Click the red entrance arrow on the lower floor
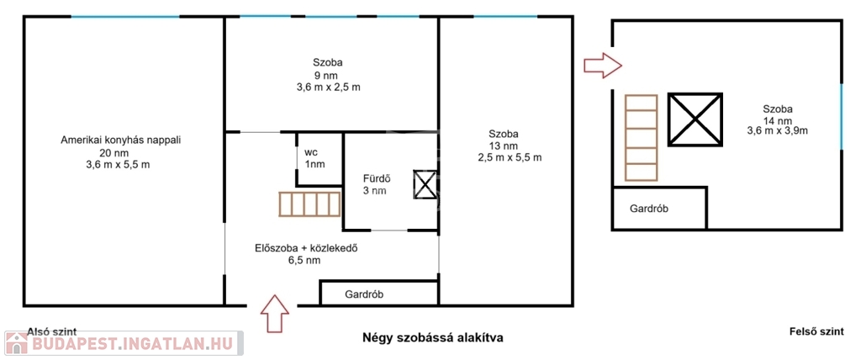pyautogui.click(x=275, y=313)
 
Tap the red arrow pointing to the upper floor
pyautogui.click(x=602, y=66)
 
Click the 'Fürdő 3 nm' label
pyautogui.click(x=376, y=185)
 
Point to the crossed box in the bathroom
pyautogui.click(x=425, y=185)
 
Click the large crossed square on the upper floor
pyautogui.click(x=695, y=119)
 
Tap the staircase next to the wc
pyautogui.click(x=310, y=204)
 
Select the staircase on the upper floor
pyautogui.click(x=641, y=137)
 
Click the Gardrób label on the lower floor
pyautogui.click(x=364, y=294)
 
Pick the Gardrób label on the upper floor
pyautogui.click(x=649, y=209)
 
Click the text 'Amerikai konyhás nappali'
pyautogui.click(x=120, y=140)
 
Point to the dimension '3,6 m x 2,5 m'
pyautogui.click(x=329, y=87)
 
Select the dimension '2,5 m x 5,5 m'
pyautogui.click(x=510, y=157)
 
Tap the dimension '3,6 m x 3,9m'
pyautogui.click(x=777, y=130)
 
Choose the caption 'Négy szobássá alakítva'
pyautogui.click(x=433, y=337)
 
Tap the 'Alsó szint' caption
pyautogui.click(x=52, y=331)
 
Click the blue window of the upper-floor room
pyautogui.click(x=841, y=117)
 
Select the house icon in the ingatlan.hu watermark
pyautogui.click(x=17, y=343)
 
